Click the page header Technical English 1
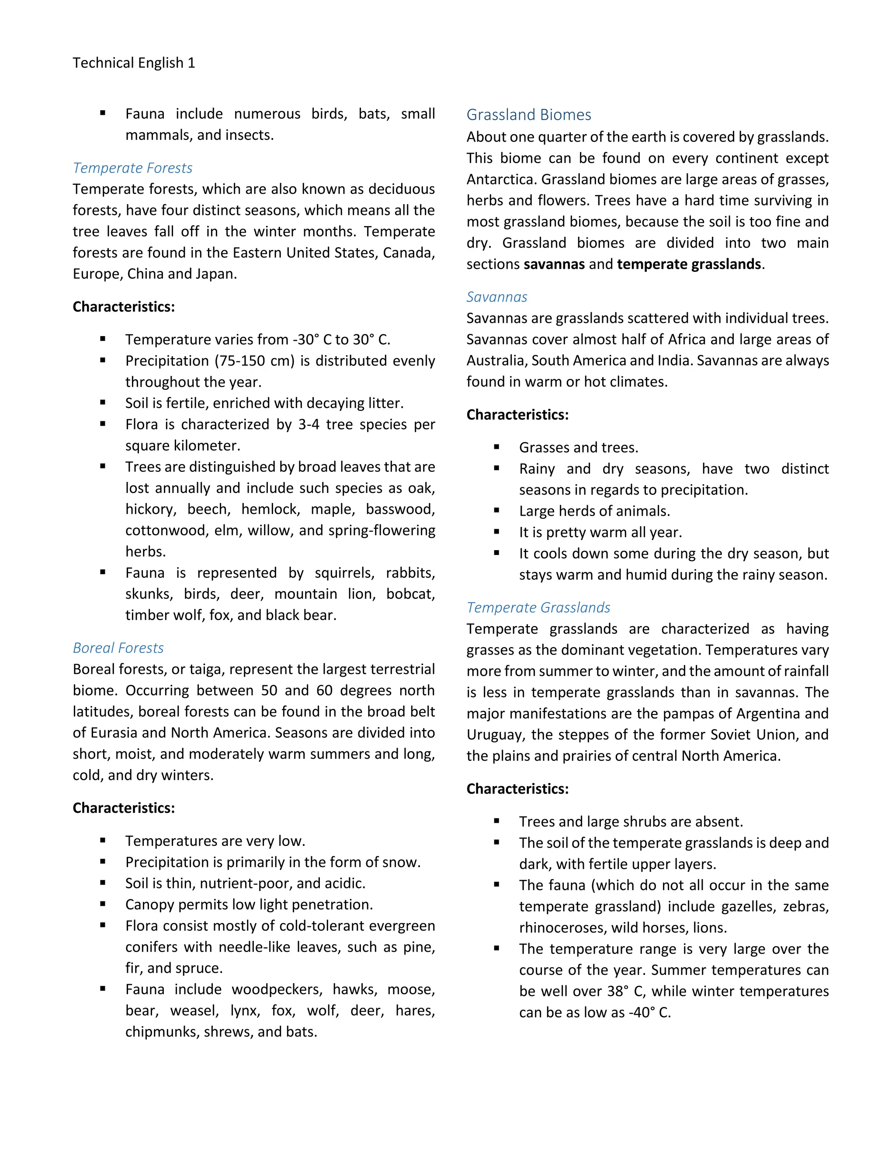pos(134,63)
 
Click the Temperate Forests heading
pos(132,168)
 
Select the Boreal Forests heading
pos(118,648)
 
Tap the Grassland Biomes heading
pos(529,115)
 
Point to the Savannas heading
pos(497,297)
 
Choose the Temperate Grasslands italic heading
pos(538,608)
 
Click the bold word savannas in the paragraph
pos(554,264)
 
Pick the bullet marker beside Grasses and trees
pos(496,447)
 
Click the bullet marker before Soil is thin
pos(103,883)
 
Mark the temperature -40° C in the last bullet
pos(649,1013)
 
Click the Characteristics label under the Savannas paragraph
pos(517,415)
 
